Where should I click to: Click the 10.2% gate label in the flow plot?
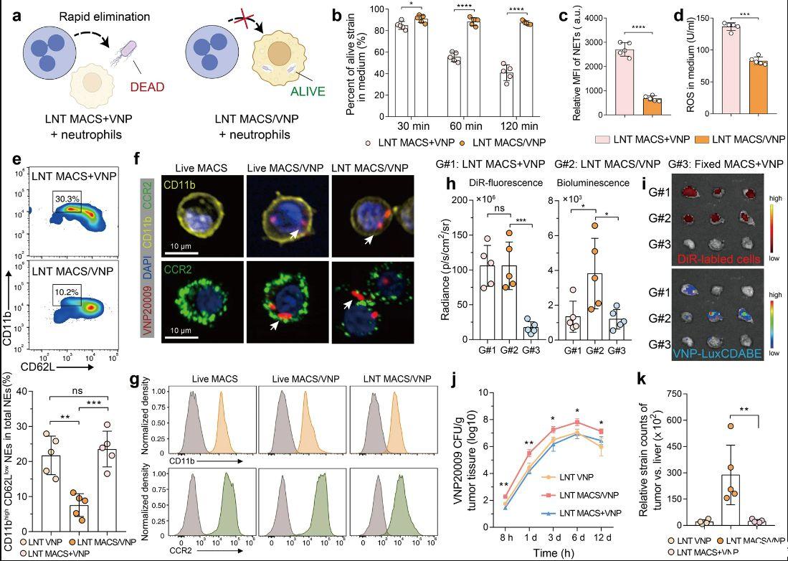tap(67, 293)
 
